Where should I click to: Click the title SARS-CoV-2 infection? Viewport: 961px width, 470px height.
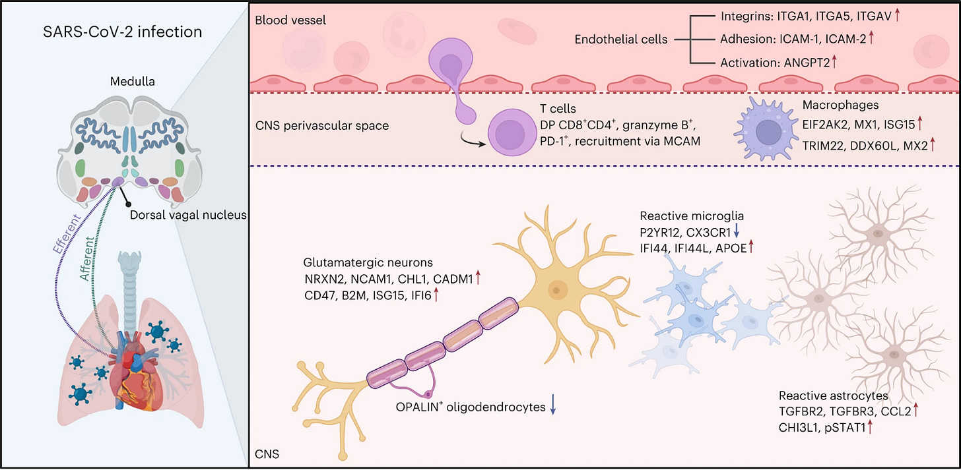click(x=122, y=32)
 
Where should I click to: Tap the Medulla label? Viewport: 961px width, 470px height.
click(x=132, y=81)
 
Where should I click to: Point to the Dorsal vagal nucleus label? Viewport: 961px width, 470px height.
click(x=188, y=215)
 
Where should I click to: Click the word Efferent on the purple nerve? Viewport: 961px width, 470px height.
click(x=67, y=233)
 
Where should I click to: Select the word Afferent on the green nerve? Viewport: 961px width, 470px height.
click(x=87, y=259)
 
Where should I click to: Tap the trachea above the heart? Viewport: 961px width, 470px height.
click(x=129, y=291)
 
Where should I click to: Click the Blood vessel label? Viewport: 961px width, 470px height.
click(x=290, y=20)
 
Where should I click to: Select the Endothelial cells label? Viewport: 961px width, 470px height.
click(x=621, y=40)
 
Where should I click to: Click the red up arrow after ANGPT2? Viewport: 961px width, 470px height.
click(x=834, y=62)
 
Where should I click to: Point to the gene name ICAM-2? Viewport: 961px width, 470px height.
click(x=845, y=39)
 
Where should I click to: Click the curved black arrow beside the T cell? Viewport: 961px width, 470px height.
click(x=472, y=140)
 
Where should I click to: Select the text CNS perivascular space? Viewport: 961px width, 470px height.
click(x=322, y=125)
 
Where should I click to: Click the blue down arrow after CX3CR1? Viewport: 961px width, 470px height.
click(x=737, y=232)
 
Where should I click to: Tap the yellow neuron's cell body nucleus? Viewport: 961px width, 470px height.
click(x=556, y=290)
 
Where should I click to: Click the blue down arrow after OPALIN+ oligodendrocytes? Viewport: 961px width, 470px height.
click(x=553, y=405)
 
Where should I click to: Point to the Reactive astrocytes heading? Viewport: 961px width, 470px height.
click(x=833, y=395)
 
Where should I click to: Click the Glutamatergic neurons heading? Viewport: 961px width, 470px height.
click(x=368, y=262)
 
